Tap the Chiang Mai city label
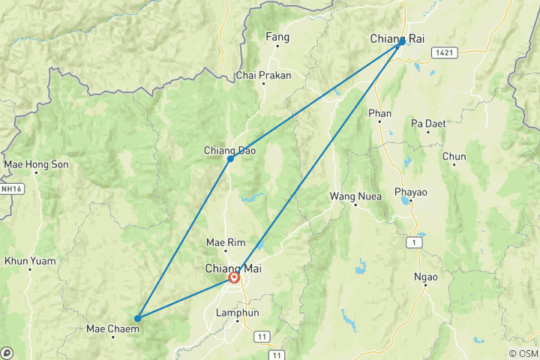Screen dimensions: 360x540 tap(234, 268)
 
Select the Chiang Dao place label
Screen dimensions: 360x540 tap(226, 151)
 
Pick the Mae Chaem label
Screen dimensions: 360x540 tap(109, 328)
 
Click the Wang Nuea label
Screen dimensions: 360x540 tap(355, 196)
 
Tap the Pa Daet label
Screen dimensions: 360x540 tap(427, 122)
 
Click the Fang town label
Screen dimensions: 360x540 tap(277, 36)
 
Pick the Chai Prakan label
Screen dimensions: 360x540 tap(263, 75)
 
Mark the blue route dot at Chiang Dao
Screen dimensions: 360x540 tap(230, 159)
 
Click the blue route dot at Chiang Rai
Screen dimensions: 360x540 tap(402, 42)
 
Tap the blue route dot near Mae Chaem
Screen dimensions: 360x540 tap(137, 319)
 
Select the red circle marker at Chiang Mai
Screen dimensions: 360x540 tap(234, 278)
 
